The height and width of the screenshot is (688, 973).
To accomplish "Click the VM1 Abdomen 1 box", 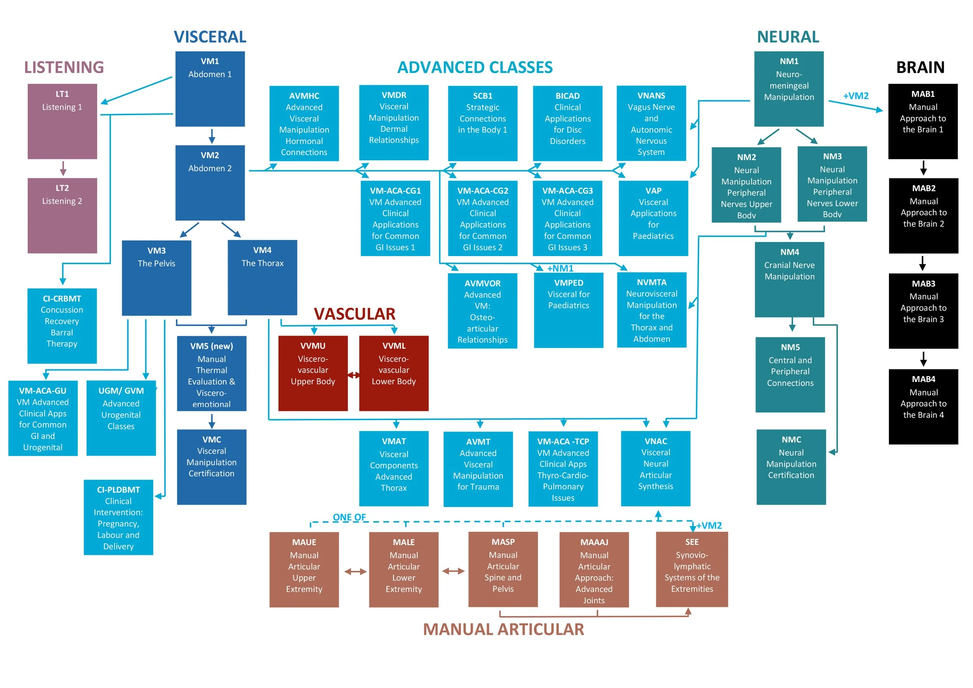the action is pyautogui.click(x=210, y=89).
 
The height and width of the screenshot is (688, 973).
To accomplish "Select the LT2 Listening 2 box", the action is pyautogui.click(x=62, y=216).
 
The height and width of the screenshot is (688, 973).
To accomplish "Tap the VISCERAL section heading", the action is pyautogui.click(x=210, y=37).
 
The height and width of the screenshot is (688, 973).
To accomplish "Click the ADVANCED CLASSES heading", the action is pyautogui.click(x=475, y=67).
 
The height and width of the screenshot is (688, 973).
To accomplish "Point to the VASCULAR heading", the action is pyautogui.click(x=354, y=314).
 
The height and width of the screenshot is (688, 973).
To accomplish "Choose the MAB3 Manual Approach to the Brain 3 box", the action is pyautogui.click(x=924, y=311).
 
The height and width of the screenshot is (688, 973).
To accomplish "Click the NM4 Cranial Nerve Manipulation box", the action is pyautogui.click(x=790, y=280).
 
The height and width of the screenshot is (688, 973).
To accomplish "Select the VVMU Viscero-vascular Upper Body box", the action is pyautogui.click(x=313, y=373).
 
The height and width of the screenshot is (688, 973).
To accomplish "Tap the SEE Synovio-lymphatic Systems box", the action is pyautogui.click(x=692, y=569).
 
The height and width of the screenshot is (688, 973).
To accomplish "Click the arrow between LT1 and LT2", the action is pyautogui.click(x=63, y=168).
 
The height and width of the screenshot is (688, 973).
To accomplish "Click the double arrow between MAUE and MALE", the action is pyautogui.click(x=355, y=572).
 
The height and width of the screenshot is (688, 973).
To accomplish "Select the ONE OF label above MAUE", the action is pyautogui.click(x=349, y=517).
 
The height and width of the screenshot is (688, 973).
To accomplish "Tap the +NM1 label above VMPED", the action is pyautogui.click(x=560, y=268).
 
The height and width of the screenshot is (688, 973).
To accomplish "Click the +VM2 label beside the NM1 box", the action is pyautogui.click(x=855, y=96).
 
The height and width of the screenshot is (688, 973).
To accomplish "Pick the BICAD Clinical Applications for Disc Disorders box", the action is pyautogui.click(x=567, y=123).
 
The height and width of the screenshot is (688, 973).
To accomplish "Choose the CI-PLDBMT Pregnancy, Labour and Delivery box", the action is pyautogui.click(x=118, y=517).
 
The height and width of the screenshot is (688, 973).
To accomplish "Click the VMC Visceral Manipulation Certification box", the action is pyautogui.click(x=211, y=467).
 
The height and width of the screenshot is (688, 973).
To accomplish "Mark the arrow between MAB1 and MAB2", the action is pyautogui.click(x=924, y=168).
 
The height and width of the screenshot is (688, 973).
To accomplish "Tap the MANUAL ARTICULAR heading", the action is pyautogui.click(x=504, y=630).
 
